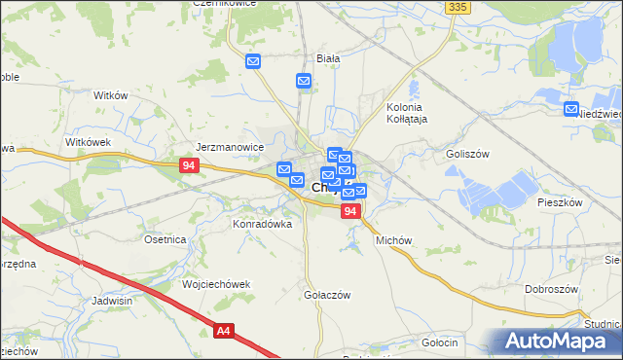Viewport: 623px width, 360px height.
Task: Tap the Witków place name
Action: pos(110,95)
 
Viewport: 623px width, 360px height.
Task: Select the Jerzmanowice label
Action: pos(231,147)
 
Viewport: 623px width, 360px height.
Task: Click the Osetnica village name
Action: pos(165,239)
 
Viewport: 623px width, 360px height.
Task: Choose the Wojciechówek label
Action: pos(216,284)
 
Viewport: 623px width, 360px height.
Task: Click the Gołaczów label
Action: pos(326,295)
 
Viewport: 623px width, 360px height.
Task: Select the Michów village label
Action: pos(394,239)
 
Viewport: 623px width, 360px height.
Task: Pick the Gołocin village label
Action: pos(440,342)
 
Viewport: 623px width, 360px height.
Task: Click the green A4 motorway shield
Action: pos(224,332)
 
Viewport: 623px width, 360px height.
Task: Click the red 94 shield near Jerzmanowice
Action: pos(190,166)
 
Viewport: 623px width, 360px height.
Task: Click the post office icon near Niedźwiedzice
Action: pos(571,110)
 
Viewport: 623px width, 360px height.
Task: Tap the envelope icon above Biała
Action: pos(253,62)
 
